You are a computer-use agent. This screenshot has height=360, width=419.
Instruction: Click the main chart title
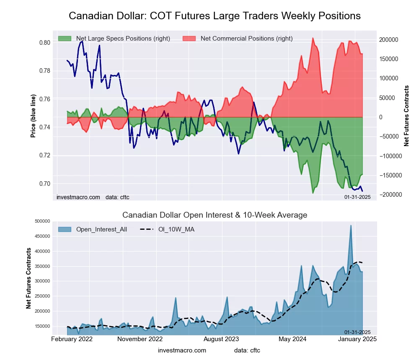(215, 16)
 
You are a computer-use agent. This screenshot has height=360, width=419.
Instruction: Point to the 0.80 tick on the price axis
(45, 43)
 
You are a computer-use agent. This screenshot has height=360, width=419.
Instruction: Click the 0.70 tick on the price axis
(45, 184)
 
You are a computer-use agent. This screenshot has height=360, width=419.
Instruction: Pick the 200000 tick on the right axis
(389, 40)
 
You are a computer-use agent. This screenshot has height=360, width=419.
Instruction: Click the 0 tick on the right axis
(381, 117)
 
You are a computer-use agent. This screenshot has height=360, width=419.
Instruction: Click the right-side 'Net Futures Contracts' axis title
(406, 116)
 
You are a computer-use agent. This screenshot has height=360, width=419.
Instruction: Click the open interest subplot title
(215, 215)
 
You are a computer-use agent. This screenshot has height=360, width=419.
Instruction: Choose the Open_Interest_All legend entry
(101, 229)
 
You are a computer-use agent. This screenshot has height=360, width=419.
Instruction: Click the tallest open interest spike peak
(351, 226)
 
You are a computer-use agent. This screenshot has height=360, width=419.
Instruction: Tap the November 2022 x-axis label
(140, 339)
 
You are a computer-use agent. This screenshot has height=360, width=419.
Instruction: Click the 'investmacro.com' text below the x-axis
(182, 350)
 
